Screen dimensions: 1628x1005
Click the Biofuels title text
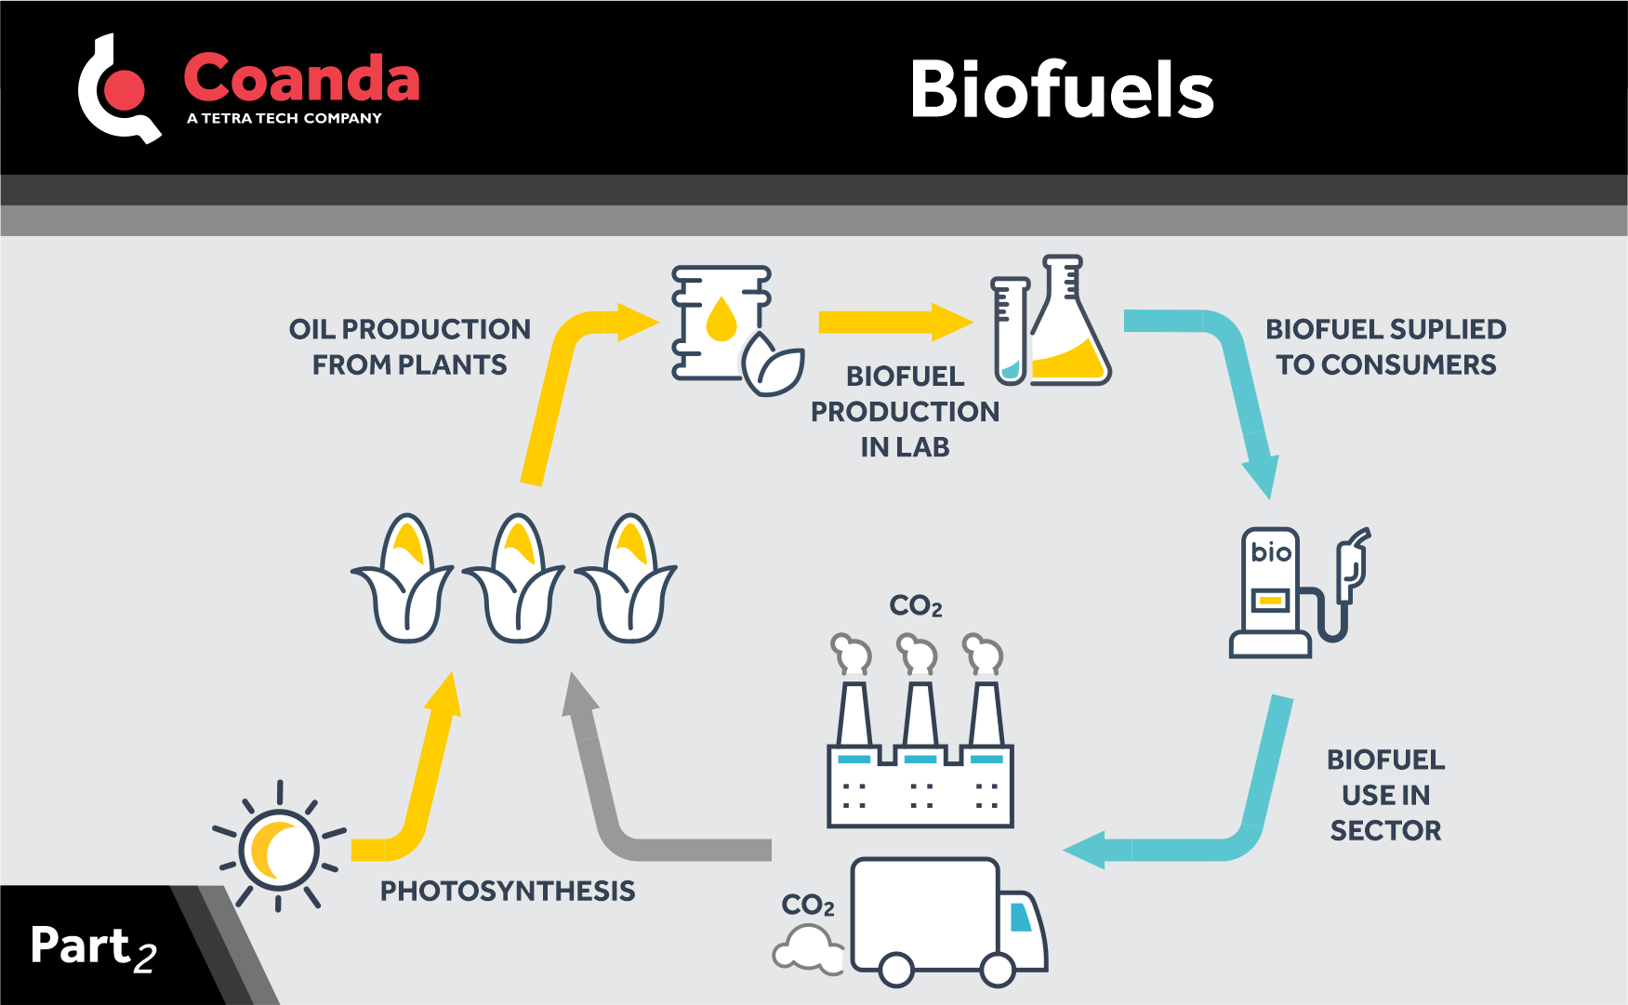(x=1062, y=90)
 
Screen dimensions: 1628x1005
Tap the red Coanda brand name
(x=301, y=78)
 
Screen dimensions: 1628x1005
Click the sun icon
(x=279, y=849)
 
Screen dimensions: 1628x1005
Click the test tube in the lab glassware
(x=1009, y=330)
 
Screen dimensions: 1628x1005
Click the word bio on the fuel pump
(x=1270, y=552)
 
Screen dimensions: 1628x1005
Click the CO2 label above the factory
(x=915, y=606)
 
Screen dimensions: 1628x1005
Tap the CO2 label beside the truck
(x=807, y=905)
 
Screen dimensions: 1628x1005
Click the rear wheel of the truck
(x=896, y=970)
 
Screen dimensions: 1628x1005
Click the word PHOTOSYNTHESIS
(x=508, y=891)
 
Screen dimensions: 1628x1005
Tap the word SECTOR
(x=1385, y=830)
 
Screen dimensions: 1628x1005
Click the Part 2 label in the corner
(x=93, y=946)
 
